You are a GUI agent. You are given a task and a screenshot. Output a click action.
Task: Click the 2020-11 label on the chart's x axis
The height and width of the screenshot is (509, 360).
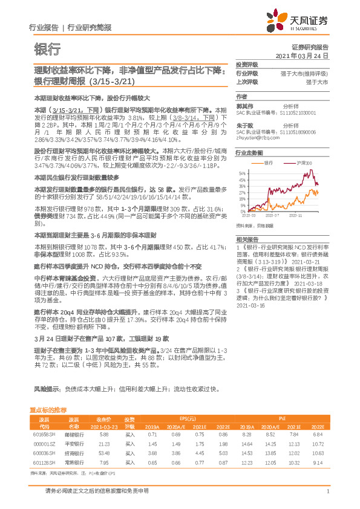tap(296, 214)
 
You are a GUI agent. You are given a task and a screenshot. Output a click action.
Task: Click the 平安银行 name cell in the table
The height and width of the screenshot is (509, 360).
tap(74, 443)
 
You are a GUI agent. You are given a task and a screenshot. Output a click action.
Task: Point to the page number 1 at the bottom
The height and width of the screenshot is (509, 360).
tap(327, 492)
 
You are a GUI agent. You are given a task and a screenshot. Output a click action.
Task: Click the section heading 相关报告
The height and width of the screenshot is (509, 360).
tap(246, 240)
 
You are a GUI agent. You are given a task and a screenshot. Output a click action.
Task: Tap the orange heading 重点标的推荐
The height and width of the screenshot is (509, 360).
tap(52, 410)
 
